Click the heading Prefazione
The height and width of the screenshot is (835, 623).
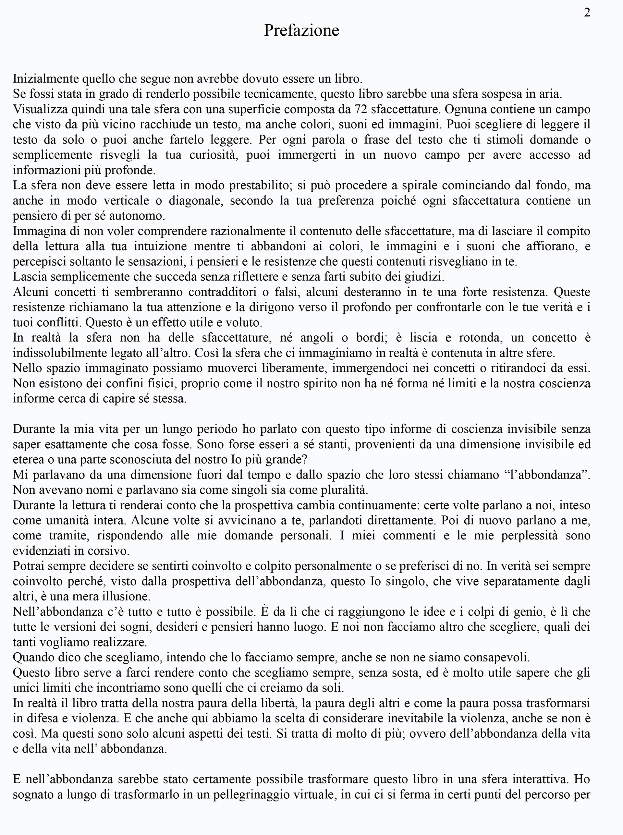(301, 30)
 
